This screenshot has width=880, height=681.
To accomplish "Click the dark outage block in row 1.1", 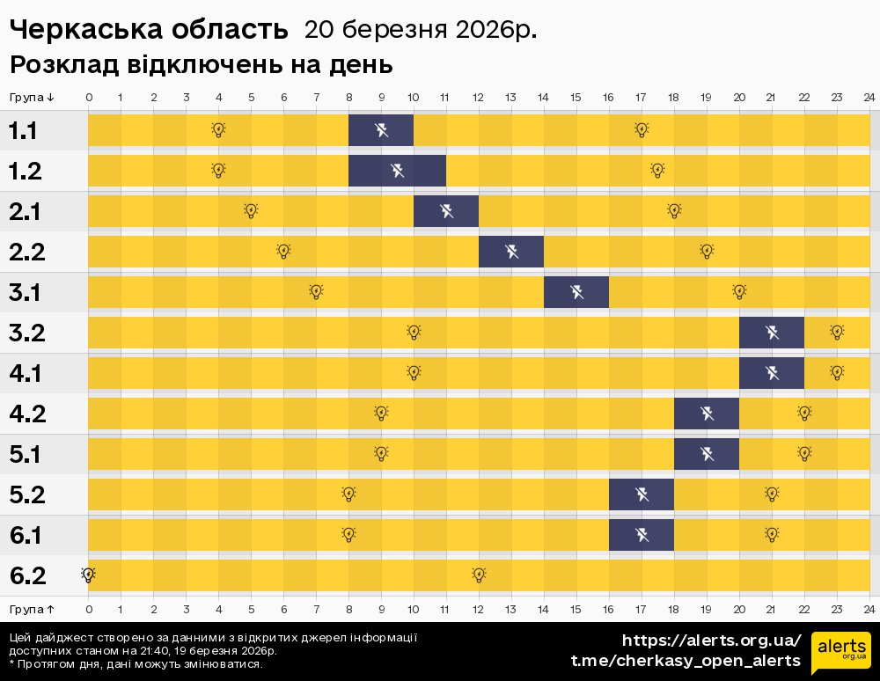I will (x=381, y=130).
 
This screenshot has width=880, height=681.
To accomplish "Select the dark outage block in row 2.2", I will (x=511, y=253).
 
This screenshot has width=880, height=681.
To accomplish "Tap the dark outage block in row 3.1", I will (x=576, y=292).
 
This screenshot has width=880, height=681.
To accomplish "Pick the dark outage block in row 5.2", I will (x=642, y=494).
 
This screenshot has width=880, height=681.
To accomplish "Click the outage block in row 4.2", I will (x=707, y=414).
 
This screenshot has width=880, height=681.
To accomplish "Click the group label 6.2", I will (x=27, y=576).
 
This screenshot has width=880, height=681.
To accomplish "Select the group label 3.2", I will (x=27, y=333).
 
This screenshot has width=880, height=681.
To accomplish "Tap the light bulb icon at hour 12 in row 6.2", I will (x=479, y=575).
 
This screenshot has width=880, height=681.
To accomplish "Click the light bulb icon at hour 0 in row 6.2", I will (x=88, y=575).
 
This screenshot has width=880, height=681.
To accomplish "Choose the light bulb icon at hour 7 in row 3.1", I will (x=316, y=292).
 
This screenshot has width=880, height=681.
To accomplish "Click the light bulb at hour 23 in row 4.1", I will (x=837, y=373).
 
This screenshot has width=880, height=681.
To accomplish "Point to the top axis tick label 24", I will (x=869, y=97).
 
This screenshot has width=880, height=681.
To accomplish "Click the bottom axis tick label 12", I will (x=478, y=609).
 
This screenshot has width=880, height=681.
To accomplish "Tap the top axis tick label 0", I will (x=88, y=97).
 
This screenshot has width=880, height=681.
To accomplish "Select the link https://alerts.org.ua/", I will (x=711, y=640).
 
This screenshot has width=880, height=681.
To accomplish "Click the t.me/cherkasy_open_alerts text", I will (x=686, y=661).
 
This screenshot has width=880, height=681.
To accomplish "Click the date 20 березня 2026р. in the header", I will (x=420, y=30).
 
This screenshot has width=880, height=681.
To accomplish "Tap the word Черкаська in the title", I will (x=82, y=30).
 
